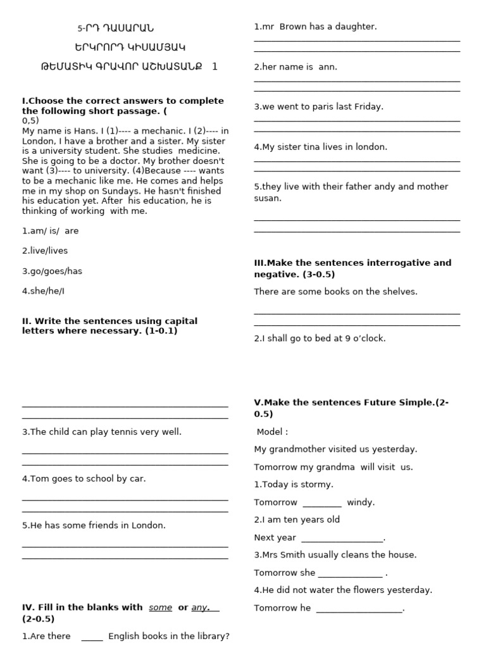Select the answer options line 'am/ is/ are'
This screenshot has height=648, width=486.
click(51, 231)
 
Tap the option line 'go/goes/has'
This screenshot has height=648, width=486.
click(52, 271)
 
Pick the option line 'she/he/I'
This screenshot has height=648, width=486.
click(44, 291)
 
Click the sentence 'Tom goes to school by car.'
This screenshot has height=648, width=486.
click(84, 478)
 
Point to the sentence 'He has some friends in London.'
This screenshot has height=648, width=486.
click(94, 525)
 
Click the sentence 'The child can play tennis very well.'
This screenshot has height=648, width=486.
click(101, 432)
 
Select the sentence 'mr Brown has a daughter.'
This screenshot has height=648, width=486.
click(315, 27)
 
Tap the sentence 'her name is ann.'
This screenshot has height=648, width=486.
click(296, 67)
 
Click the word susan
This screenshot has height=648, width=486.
click(268, 198)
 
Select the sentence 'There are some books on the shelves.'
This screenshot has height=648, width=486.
click(335, 292)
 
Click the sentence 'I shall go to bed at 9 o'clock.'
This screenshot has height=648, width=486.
click(320, 339)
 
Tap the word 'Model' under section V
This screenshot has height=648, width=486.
click(270, 432)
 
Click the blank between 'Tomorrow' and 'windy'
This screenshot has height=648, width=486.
click(322, 503)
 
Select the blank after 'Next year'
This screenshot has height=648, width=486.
click(342, 539)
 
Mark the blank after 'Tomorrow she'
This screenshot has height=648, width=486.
click(350, 574)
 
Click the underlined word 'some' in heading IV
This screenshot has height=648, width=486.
click(160, 607)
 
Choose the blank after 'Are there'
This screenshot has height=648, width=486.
click(92, 637)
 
